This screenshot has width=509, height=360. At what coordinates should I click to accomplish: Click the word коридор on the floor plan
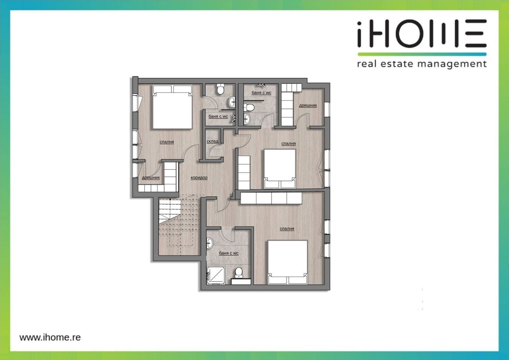click(x=199, y=177)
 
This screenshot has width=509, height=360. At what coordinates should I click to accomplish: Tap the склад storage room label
click(x=213, y=141)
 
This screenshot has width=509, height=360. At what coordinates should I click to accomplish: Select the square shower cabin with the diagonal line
click(x=216, y=275)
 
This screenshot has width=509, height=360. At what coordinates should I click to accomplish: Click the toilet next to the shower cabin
click(x=238, y=273)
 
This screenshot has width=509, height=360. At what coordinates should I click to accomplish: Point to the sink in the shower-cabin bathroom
click(x=210, y=243)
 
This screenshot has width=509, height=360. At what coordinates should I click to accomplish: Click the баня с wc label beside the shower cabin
click(x=228, y=253)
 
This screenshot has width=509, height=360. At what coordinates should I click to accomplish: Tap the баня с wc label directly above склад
click(x=218, y=116)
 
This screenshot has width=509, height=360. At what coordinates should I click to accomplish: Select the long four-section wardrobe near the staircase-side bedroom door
click(x=271, y=198)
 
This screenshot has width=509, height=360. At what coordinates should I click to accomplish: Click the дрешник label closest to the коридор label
click(x=151, y=177)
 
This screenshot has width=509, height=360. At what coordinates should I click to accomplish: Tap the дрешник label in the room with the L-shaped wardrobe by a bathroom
click(x=308, y=105)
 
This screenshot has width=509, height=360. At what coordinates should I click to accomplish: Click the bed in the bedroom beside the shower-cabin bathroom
click(x=288, y=262)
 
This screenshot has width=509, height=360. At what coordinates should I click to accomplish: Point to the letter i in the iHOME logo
click(x=359, y=35)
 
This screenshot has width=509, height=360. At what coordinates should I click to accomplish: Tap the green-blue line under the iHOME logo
click(x=422, y=54)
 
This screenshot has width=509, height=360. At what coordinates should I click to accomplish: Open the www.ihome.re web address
click(x=50, y=337)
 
